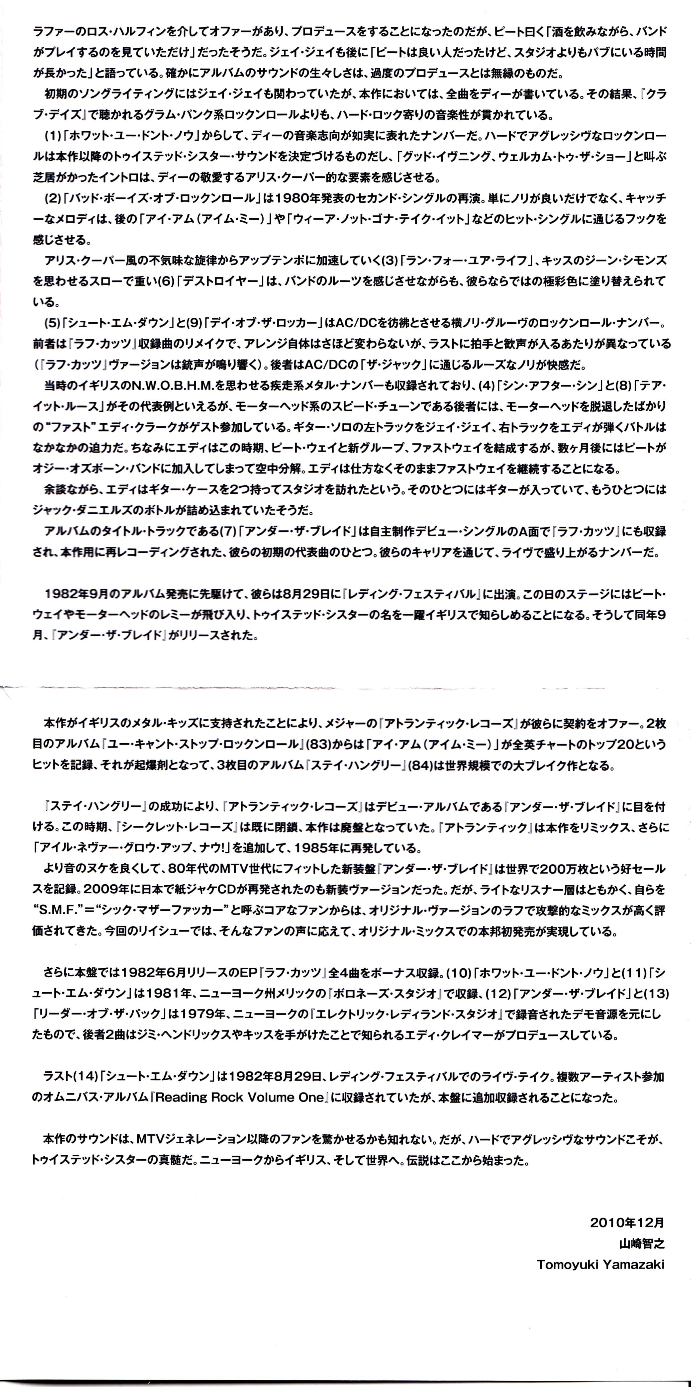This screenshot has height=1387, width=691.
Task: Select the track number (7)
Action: (229, 531)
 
